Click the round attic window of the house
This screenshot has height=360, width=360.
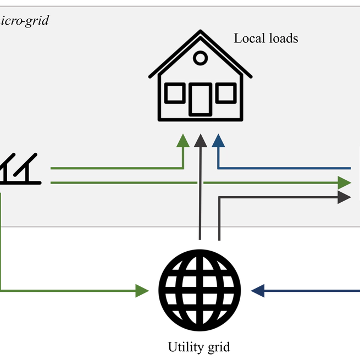(x=200, y=58)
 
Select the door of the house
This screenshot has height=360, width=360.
(x=200, y=99)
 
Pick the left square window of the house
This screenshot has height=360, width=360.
(x=175, y=93)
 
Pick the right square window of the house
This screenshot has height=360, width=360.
(x=225, y=93)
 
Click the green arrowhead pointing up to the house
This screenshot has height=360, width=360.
(x=183, y=141)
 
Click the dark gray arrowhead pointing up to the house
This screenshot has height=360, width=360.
(x=201, y=141)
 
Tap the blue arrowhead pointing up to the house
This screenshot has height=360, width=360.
(x=218, y=141)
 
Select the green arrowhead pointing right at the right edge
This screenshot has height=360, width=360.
(x=344, y=182)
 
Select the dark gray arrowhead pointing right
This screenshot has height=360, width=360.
(x=344, y=197)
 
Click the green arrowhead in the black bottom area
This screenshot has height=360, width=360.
(x=142, y=290)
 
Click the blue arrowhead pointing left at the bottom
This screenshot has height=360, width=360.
(x=257, y=290)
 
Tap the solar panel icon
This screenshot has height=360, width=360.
(x=19, y=169)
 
